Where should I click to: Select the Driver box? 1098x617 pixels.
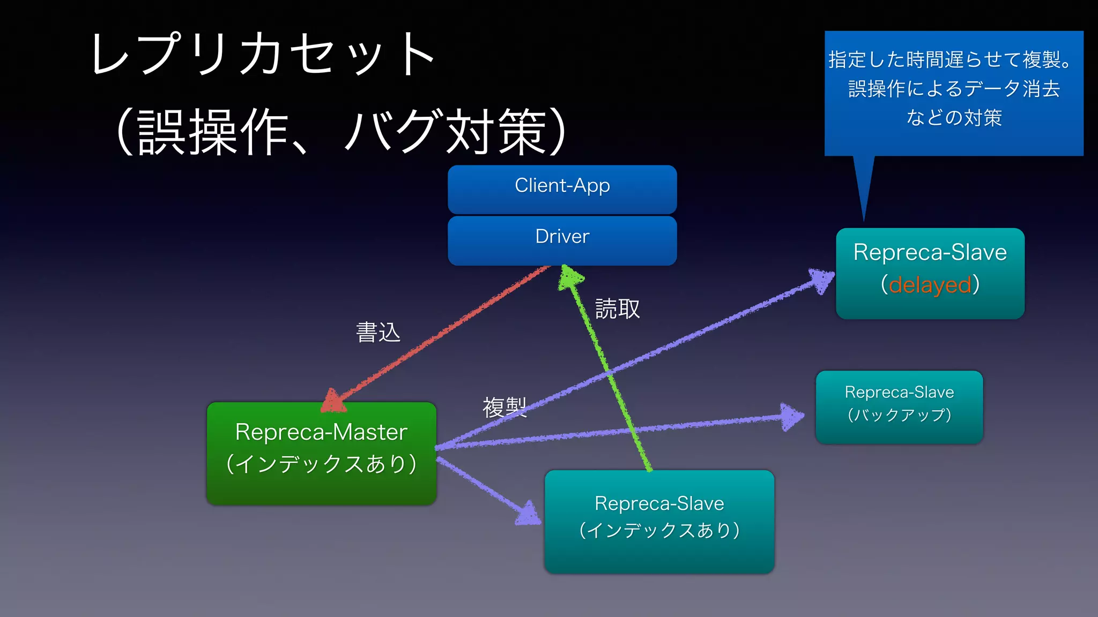[562, 239]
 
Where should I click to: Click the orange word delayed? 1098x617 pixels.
[930, 285]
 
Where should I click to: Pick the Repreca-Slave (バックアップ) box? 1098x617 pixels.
[899, 407]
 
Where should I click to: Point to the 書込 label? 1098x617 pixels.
[378, 332]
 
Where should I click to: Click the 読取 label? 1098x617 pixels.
[617, 309]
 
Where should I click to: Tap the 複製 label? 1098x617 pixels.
[504, 407]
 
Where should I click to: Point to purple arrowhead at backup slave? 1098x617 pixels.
[791, 416]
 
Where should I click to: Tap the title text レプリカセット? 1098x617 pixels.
[263, 54]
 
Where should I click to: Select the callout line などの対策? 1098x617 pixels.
[954, 118]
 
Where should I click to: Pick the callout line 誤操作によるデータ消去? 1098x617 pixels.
[954, 89]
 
